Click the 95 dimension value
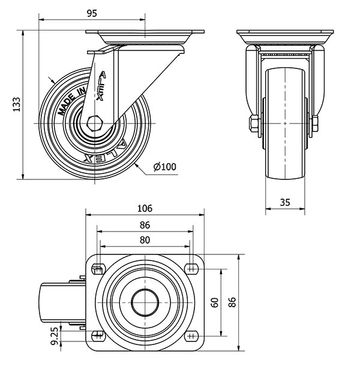coord(91,13)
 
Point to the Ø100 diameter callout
coord(165,167)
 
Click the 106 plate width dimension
coord(145,209)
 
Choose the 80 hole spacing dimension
coord(145,240)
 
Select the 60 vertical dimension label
coord(215,302)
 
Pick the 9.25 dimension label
coord(55,337)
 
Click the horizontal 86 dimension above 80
coord(145,225)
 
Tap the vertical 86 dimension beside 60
coord(232,302)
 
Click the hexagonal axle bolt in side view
coord(94,123)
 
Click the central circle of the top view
coord(145,302)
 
